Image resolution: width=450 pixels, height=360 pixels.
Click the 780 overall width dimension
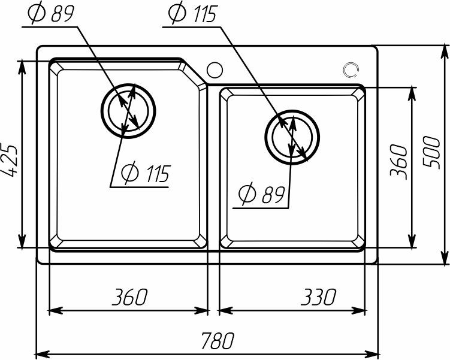pos(216,341)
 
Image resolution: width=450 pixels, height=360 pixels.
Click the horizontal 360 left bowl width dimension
pos(129,297)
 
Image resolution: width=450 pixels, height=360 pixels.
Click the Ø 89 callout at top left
pos(53,14)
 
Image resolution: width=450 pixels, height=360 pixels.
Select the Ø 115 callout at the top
pos(192,14)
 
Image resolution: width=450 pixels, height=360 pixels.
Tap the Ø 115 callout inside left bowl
pos(144,174)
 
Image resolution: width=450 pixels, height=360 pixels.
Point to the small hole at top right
pos(351,70)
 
